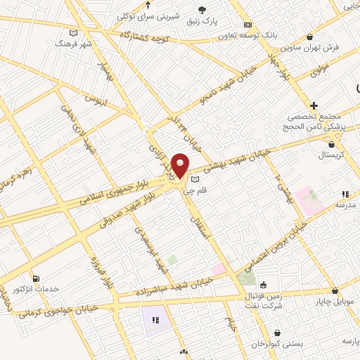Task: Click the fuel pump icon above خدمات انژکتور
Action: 35,278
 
